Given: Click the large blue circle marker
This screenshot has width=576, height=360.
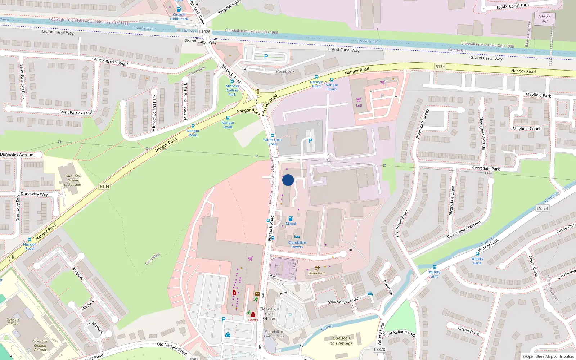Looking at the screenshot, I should point(288,180).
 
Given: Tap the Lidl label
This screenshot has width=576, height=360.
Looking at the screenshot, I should point(359,105).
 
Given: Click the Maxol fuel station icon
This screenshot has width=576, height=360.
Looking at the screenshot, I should point(291,219).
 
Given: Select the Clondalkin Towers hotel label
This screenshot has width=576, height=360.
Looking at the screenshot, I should point(297,245).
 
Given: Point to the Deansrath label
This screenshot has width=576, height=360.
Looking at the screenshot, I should point(317,273).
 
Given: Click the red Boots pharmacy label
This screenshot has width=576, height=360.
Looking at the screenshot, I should point(253,320).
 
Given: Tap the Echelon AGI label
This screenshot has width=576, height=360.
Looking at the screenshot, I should point(544,19).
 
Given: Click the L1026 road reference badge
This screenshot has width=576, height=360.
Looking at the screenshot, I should point(204,32).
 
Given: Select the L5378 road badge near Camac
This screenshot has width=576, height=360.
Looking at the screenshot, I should point(542,208).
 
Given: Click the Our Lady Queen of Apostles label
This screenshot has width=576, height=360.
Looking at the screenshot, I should point(73,180).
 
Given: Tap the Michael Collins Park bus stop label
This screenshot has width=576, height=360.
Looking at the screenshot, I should point(232,90).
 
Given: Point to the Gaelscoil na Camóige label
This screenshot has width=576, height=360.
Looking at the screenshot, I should point(341,341).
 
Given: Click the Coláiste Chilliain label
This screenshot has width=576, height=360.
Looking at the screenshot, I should point(13,321).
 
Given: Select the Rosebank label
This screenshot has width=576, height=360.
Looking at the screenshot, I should point(285,71).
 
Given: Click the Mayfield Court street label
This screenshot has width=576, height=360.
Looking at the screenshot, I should point(526,129).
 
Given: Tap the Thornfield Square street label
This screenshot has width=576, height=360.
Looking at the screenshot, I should point(344,300).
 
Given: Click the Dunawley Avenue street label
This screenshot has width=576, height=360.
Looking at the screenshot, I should point(17,154).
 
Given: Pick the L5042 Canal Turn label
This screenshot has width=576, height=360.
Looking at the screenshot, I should point(513,6).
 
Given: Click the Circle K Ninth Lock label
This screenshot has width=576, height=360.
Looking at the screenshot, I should point(179,17).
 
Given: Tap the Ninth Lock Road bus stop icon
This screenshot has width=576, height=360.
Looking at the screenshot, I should point(273,135).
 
